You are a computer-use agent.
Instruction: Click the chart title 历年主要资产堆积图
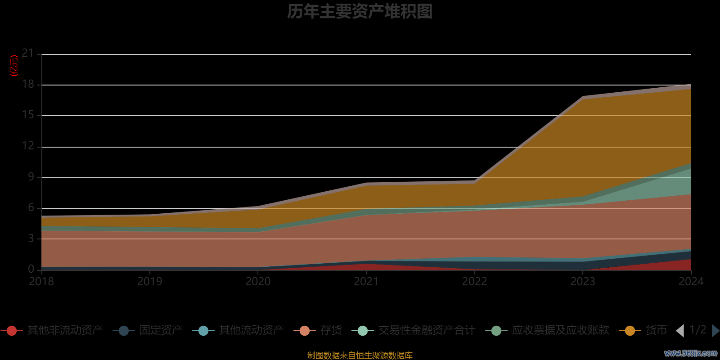360,12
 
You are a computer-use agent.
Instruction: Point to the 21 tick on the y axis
28,54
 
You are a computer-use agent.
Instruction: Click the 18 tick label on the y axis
28,84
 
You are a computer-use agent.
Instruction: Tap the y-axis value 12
28,146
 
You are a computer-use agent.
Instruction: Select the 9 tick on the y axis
31,177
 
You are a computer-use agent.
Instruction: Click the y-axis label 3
31,238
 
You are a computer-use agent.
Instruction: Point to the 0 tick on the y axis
31,269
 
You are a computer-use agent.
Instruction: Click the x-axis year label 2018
41,282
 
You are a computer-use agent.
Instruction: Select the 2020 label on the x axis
258,282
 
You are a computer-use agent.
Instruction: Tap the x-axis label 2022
475,282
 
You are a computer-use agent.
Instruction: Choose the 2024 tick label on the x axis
691,282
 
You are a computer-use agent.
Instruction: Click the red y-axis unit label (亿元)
14,66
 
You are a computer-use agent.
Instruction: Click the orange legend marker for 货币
630,331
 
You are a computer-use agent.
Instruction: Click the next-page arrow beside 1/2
715,331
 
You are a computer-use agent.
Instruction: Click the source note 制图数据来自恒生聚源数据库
360,355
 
